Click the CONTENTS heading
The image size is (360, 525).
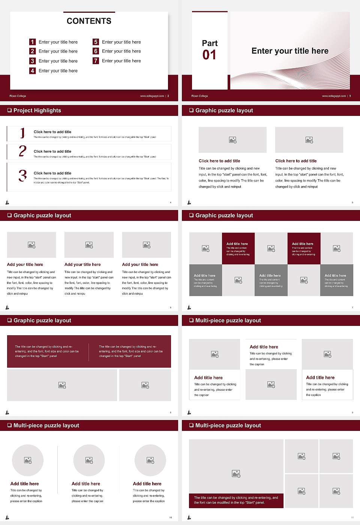[x=89, y=21]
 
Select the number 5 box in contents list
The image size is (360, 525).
[x=96, y=42]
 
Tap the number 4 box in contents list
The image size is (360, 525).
[x=32, y=70]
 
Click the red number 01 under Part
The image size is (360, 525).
[x=209, y=55]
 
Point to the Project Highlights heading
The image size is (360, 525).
[x=37, y=110]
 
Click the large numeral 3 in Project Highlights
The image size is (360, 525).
[x=22, y=175]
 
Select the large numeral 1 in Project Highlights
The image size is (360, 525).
[x=22, y=133]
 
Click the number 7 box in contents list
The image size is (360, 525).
[x=96, y=61]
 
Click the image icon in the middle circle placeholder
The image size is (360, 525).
[x=89, y=460]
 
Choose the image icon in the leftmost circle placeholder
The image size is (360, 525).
[x=28, y=460]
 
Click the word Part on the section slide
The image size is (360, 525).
[x=210, y=43]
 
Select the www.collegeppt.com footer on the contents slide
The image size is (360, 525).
[x=152, y=96]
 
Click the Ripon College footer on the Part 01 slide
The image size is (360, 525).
[x=199, y=96]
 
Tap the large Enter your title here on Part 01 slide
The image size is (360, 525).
[x=290, y=51]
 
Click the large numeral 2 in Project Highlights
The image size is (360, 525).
[x=22, y=151]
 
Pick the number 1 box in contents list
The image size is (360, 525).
[x=32, y=42]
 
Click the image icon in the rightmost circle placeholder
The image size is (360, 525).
[x=150, y=460]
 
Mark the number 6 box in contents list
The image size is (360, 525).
[x=96, y=51]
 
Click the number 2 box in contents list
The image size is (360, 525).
[x=32, y=51]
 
